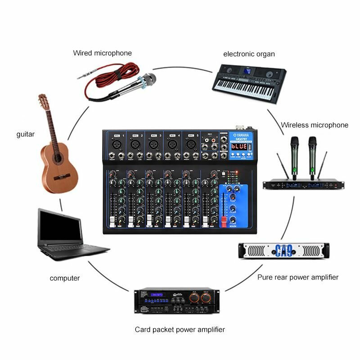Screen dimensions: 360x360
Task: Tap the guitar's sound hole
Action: pos(58,158)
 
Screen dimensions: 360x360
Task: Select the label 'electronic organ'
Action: pos(249,54)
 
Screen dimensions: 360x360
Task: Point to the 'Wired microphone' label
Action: pos(103,53)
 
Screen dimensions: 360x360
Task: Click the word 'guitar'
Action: pos(25,134)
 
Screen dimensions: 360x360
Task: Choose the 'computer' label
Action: pos(65,278)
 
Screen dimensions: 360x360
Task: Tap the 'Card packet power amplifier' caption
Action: pos(180,329)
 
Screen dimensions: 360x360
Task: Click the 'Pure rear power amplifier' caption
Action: pos(298,277)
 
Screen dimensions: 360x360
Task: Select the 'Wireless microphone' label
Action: pos(315,125)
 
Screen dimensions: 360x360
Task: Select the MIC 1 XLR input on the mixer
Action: pos(117,144)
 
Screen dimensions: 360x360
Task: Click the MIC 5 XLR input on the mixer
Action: pos(189,144)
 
